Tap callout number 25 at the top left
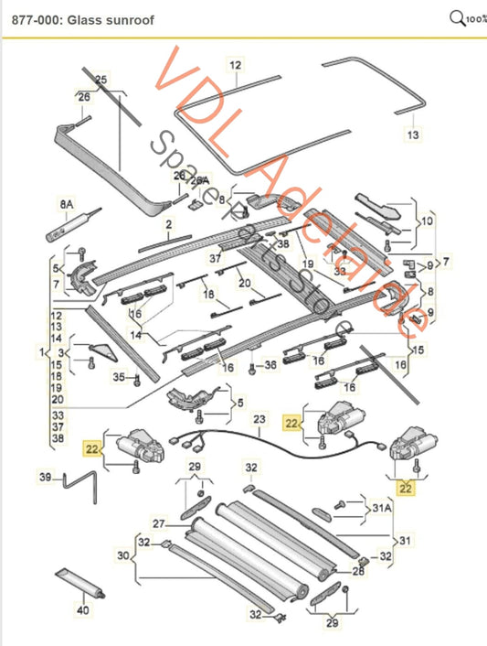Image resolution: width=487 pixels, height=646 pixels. click(x=101, y=81)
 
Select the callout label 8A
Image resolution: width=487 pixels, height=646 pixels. click(x=65, y=202)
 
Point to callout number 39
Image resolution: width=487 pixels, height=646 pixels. click(x=46, y=476)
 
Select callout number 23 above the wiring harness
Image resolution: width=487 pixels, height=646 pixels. click(x=259, y=420)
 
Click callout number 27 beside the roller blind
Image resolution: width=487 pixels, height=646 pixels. click(x=158, y=523)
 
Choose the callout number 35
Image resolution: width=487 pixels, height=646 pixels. click(x=119, y=377)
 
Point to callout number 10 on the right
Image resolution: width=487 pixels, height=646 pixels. click(x=429, y=221)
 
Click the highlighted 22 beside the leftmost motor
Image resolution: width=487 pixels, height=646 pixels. click(x=91, y=448)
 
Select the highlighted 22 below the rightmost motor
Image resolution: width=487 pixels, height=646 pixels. click(x=406, y=489)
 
